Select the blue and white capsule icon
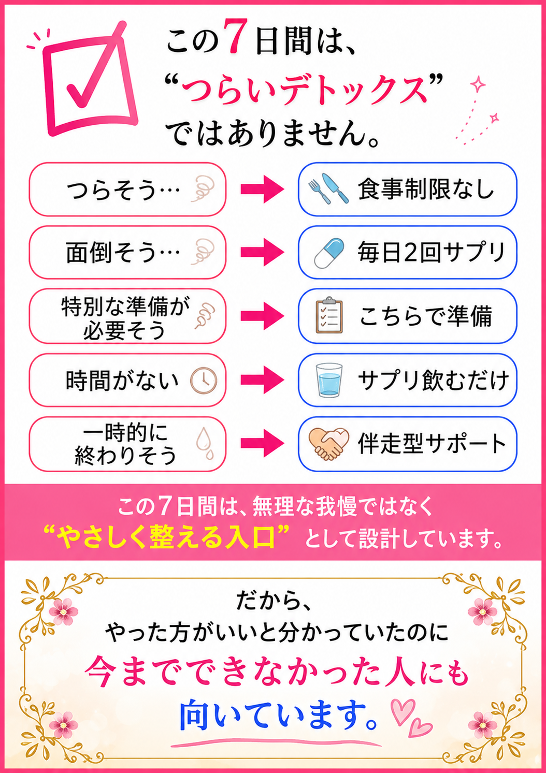click(x=329, y=253)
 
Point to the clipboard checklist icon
click(x=329, y=315)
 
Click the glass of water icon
click(x=329, y=380)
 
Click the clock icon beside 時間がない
click(x=204, y=381)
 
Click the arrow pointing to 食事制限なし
click(x=262, y=189)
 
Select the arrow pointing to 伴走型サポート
click(x=262, y=443)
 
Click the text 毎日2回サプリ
click(x=432, y=253)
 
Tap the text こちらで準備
click(x=425, y=316)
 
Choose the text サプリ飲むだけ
click(x=434, y=380)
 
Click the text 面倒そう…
click(x=123, y=252)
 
